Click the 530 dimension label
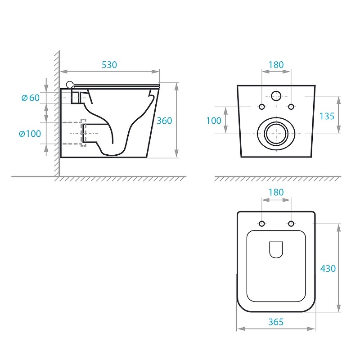click(x=109, y=65)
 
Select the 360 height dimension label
click(x=164, y=121)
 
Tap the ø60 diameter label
click(x=31, y=98)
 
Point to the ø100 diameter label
click(x=30, y=134)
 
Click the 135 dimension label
click(x=327, y=116)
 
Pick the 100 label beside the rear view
click(x=214, y=121)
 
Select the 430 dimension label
click(x=328, y=268)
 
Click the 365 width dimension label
click(x=276, y=322)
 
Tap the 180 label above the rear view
click(x=276, y=65)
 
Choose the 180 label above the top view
click(x=276, y=192)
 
